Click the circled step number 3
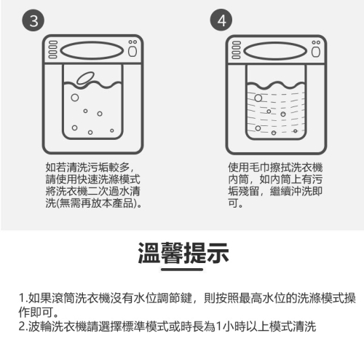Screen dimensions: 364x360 (x=33, y=20)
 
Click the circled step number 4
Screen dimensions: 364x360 (x=221, y=20)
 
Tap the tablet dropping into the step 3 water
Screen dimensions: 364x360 (x=85, y=78)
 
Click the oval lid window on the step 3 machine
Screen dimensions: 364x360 (x=92, y=51)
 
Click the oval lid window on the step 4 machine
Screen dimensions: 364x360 (x=275, y=51)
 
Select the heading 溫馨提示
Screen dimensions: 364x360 (x=183, y=253)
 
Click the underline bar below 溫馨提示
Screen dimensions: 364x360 (x=182, y=270)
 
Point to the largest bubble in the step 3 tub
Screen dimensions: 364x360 (x=75, y=98)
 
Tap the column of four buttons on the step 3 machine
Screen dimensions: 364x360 (x=52, y=50)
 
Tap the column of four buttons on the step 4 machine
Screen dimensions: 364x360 (x=236, y=50)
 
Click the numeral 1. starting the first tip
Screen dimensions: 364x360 (x=23, y=298)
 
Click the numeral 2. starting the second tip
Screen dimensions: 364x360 (x=23, y=326)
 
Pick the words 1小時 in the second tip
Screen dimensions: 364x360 (x=227, y=326)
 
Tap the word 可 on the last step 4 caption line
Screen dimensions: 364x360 (x=233, y=203)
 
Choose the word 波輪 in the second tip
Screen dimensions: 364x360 (x=40, y=326)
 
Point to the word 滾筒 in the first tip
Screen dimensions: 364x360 (x=63, y=298)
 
